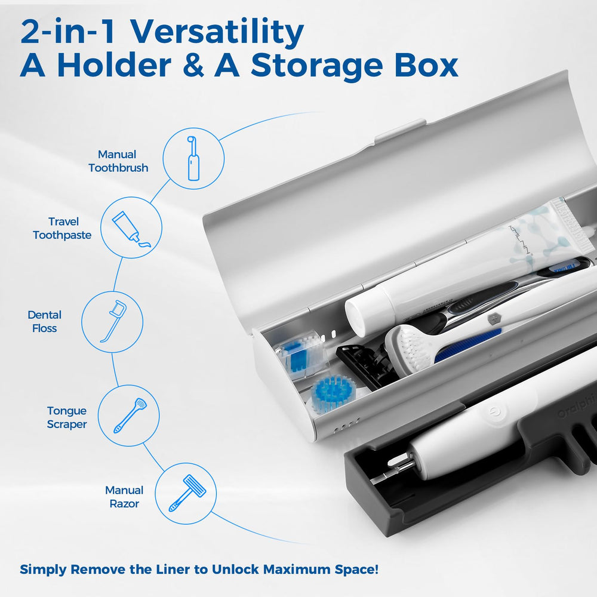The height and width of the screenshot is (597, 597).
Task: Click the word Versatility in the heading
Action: point(217,32)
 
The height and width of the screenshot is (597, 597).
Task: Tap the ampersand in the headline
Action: point(193,66)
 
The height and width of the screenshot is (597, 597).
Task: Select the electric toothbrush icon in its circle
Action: point(193,158)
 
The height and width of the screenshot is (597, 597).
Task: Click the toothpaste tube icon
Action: point(131,229)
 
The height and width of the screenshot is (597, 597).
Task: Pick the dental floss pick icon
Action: point(113,322)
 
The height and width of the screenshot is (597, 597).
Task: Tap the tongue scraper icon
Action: point(130,416)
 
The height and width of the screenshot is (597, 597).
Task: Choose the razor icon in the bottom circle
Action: point(186,493)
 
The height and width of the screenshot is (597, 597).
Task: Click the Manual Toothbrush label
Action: point(118,161)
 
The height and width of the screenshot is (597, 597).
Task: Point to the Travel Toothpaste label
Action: point(62,229)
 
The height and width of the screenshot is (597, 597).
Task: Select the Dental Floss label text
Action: point(45,321)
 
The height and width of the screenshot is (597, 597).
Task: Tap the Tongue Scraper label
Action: point(67,417)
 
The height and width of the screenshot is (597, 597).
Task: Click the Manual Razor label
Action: point(124,497)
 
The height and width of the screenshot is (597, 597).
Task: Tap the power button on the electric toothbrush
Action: point(494,412)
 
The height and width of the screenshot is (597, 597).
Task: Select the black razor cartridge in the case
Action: point(364,365)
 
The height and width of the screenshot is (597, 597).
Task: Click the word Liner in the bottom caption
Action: point(173,570)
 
